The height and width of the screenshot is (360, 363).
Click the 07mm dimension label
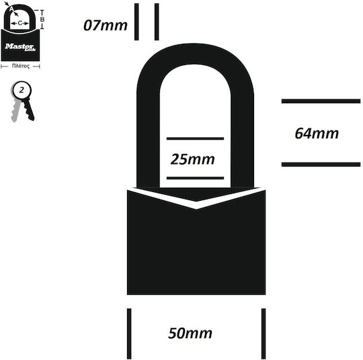pyautogui.click(x=106, y=26)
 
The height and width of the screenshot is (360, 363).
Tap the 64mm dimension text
pyautogui.click(x=317, y=134)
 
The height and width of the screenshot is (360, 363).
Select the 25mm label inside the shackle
pyautogui.click(x=193, y=159)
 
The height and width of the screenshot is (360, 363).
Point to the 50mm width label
pyautogui.click(x=190, y=333)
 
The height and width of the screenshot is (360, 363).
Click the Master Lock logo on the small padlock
pyautogui.click(x=20, y=47)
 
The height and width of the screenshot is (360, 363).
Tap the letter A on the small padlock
pyautogui.click(x=11, y=9)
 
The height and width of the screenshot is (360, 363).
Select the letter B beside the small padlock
pyautogui.click(x=42, y=19)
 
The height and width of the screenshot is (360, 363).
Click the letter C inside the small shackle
pyautogui.click(x=20, y=23)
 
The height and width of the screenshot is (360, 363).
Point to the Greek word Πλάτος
pyautogui.click(x=21, y=66)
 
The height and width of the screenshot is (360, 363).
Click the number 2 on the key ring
pyautogui.click(x=22, y=90)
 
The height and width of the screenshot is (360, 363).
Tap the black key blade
pyautogui.click(x=28, y=109)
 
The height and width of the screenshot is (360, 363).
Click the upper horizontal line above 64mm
pyautogui.click(x=321, y=101)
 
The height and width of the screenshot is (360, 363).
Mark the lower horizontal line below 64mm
pyautogui.click(x=321, y=165)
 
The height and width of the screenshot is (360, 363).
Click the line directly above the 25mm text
pyautogui.click(x=195, y=138)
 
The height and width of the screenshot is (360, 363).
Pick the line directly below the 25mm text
pyautogui.click(x=195, y=178)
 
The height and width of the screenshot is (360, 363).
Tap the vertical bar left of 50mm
pyautogui.click(x=129, y=334)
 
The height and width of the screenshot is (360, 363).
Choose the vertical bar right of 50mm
pyautogui.click(x=264, y=334)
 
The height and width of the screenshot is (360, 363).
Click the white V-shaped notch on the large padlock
pyautogui.click(x=196, y=206)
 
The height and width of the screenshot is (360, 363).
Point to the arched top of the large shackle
pyautogui.click(x=196, y=54)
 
